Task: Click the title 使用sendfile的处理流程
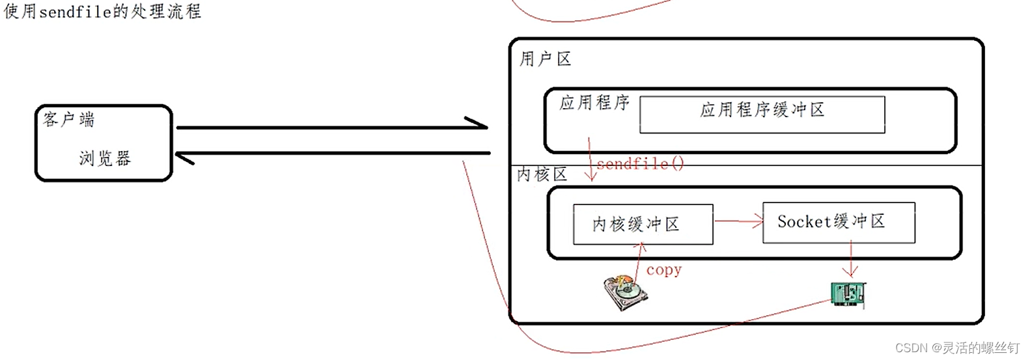click(102, 12)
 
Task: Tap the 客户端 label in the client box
click(69, 119)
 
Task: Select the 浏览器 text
click(105, 158)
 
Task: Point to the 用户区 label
click(545, 59)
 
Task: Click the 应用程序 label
click(594, 103)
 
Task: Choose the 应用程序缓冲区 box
click(762, 115)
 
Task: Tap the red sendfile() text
click(640, 163)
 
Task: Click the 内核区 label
click(542, 174)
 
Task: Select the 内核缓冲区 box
click(643, 225)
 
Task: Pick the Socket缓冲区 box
click(839, 223)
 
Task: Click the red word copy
click(663, 270)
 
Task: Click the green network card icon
click(848, 294)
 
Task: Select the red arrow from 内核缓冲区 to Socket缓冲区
click(738, 222)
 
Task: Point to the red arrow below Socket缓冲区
click(851, 259)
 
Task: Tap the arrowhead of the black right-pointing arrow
click(479, 124)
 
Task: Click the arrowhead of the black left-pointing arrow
click(185, 156)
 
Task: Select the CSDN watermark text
click(957, 348)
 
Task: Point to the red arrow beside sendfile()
click(590, 159)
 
